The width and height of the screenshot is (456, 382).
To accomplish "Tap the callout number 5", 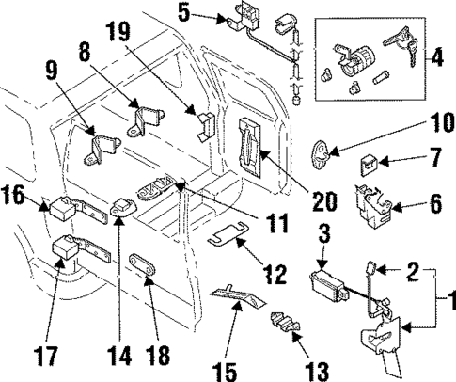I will click(x=184, y=14).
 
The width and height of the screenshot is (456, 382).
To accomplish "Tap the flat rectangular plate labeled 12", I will click(x=221, y=234).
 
